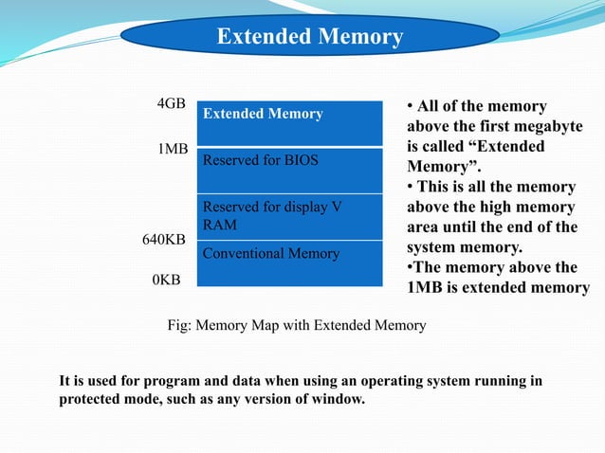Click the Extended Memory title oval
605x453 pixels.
(310, 37)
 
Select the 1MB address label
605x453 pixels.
(173, 150)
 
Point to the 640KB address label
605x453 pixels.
(163, 240)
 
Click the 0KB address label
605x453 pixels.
(167, 280)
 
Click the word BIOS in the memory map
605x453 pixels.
(302, 159)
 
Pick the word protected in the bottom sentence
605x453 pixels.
(93, 399)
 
